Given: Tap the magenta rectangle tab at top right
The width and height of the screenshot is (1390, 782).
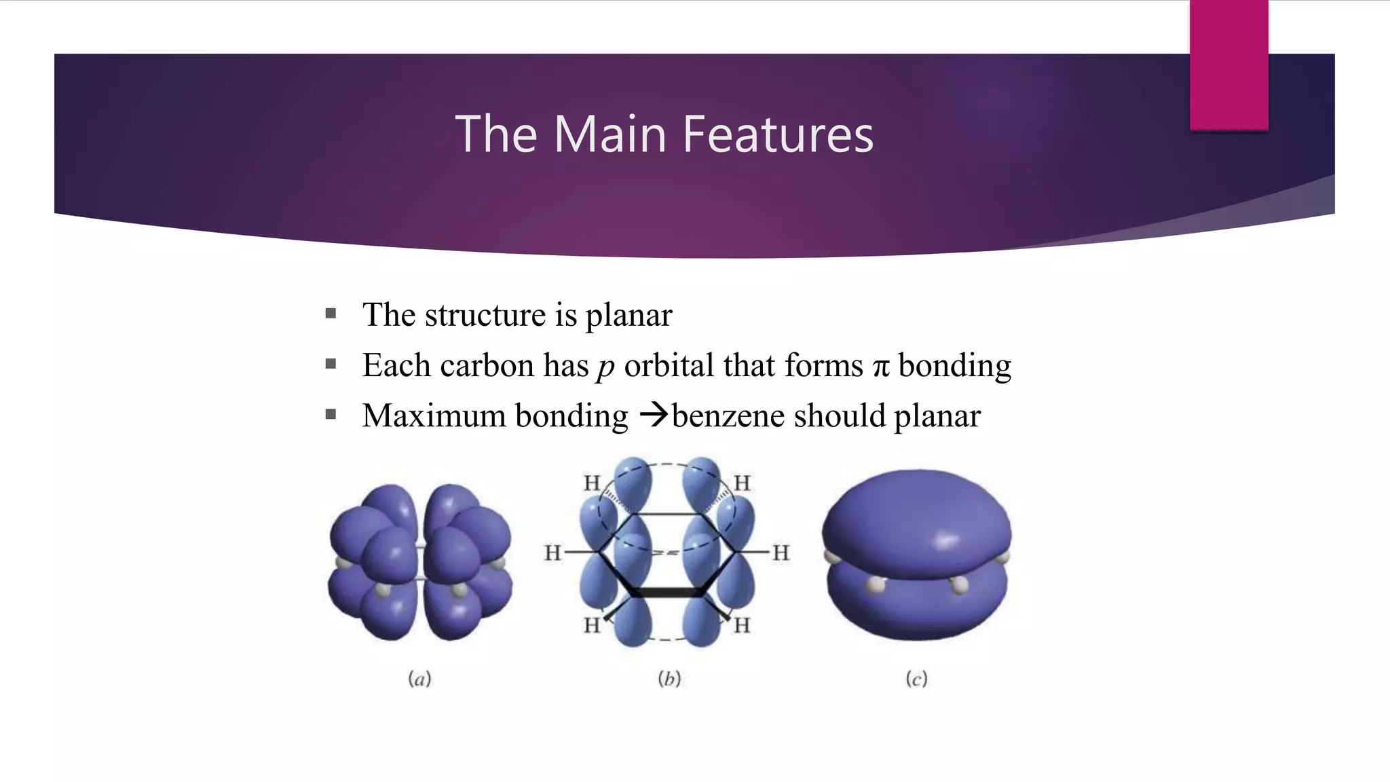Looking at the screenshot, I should tap(1228, 64).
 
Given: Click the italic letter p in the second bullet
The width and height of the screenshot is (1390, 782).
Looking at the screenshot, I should tap(605, 367).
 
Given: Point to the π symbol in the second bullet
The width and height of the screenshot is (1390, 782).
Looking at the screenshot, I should tap(881, 367).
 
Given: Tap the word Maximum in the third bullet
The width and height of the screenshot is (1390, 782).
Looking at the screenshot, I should tap(434, 415).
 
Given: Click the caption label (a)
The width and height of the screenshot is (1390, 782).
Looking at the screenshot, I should tap(419, 678).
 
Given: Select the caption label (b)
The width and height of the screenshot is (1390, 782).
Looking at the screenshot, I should tap(669, 678).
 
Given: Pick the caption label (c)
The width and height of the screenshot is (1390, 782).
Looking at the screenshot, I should tap(916, 678).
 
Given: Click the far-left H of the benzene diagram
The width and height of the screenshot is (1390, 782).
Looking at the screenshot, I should tap(552, 553).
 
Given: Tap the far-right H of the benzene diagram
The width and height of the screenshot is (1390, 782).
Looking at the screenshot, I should tap(781, 553).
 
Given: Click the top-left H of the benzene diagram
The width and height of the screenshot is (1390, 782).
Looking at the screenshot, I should tap(592, 483).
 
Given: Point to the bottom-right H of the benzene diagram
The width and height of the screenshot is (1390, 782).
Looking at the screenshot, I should tap(742, 625).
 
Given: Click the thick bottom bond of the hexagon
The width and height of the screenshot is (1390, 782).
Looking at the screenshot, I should tap(669, 593).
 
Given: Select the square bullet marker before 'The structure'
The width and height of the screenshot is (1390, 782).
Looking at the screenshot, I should tap(331, 314).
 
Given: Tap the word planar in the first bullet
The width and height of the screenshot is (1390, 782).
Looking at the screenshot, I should tap(628, 315).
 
